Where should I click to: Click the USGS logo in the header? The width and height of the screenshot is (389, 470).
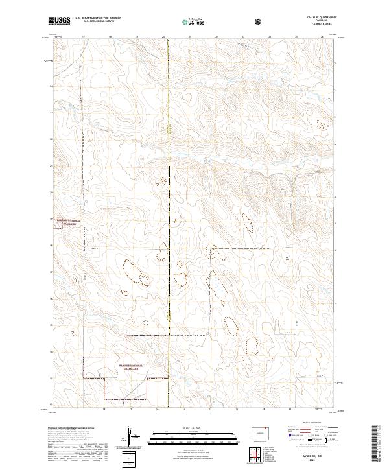[x=60, y=21]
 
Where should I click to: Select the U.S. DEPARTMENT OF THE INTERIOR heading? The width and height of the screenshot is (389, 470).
[x=98, y=18]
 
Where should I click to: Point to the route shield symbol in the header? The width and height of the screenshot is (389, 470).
[x=259, y=21]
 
